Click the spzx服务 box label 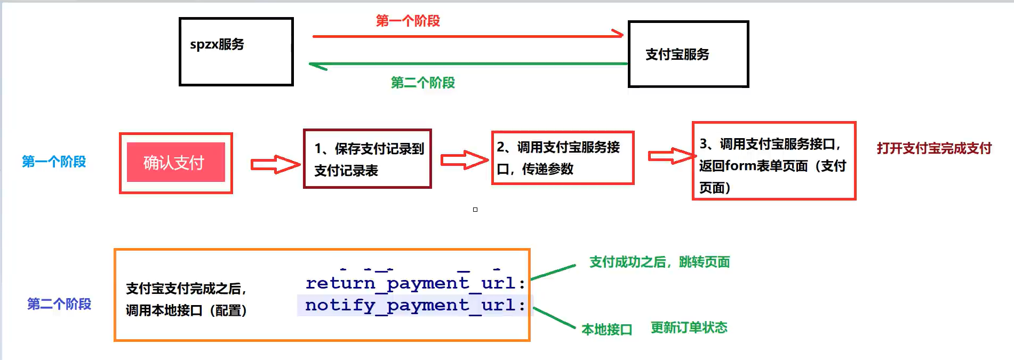click(217, 44)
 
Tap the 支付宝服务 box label click(677, 54)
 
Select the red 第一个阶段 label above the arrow click(408, 21)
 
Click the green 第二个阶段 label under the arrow click(422, 83)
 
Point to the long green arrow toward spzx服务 click(468, 64)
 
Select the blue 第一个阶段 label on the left click(53, 162)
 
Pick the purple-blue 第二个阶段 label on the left click(59, 304)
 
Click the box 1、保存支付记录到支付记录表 click(368, 159)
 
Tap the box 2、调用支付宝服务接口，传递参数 click(562, 158)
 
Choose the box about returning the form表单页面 click(773, 161)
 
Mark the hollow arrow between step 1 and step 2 click(464, 159)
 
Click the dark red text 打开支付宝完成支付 click(933, 148)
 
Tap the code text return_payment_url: click(415, 283)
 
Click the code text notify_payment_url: click(415, 305)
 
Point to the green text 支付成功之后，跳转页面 click(659, 262)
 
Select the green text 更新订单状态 click(689, 327)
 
